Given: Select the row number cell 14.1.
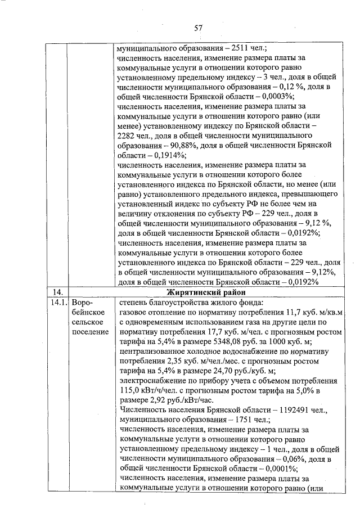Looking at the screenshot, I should coord(55,303).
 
